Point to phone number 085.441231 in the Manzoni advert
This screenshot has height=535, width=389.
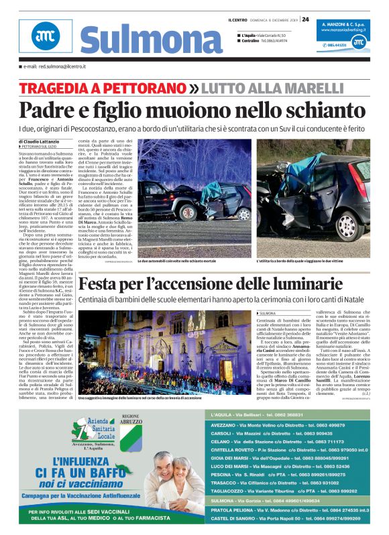[x=338, y=44]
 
